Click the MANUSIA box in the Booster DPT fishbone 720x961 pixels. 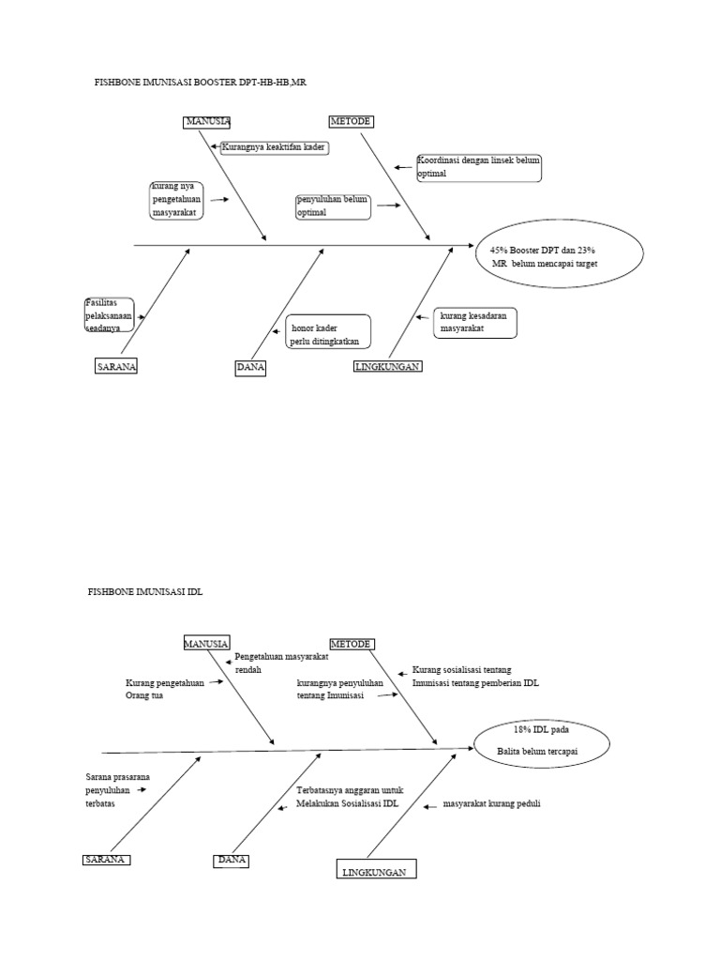point(207,122)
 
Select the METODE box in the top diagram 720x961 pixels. point(351,122)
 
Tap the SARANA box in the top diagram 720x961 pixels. point(116,367)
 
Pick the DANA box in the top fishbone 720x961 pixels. point(250,369)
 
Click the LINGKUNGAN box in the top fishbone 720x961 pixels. point(387,367)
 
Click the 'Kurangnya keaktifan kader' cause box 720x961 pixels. point(275,147)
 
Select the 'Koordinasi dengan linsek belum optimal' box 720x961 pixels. point(479,167)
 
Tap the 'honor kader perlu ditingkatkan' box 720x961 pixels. point(328,330)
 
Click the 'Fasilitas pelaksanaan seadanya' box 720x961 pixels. point(108,315)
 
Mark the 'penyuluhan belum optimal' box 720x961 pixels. point(333,206)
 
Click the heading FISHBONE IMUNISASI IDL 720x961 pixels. point(144,593)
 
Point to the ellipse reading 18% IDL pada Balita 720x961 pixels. point(542,740)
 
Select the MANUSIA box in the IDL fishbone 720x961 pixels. point(206,644)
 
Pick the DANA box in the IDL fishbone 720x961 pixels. point(231,861)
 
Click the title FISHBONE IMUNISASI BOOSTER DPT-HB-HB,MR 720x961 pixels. point(201,83)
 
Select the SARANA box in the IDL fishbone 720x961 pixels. point(105,861)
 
